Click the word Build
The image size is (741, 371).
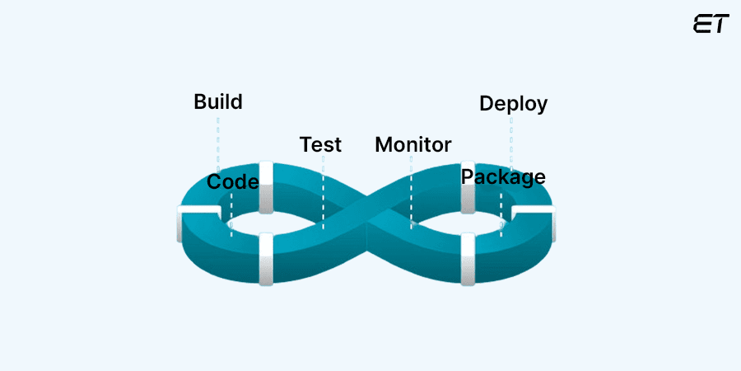[x=218, y=102]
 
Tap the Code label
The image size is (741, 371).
[x=233, y=181]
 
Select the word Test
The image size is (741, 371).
[x=320, y=144]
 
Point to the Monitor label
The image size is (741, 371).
[x=413, y=144]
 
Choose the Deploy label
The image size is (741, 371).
[x=513, y=104]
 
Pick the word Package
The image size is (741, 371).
[x=503, y=176]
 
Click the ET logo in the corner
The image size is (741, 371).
[x=711, y=24]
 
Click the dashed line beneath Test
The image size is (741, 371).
[x=323, y=190]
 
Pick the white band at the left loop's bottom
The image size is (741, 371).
[x=266, y=259]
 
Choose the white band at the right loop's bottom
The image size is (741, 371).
[x=468, y=259]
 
